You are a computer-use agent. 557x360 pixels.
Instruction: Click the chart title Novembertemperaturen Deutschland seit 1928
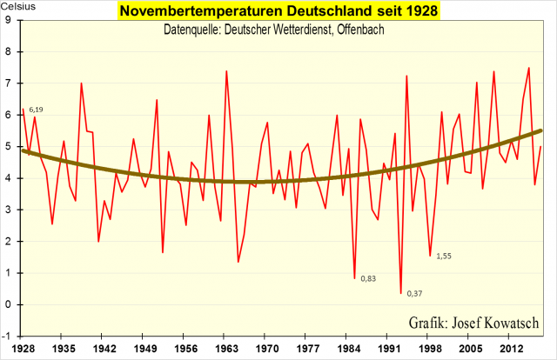click(278, 11)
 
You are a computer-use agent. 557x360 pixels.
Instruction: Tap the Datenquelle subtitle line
click(274, 30)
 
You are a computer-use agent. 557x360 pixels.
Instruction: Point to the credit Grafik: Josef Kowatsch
click(473, 323)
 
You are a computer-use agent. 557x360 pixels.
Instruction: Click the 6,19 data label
click(36, 110)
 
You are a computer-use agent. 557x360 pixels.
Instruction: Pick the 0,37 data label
click(415, 293)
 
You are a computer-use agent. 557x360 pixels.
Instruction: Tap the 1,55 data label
click(444, 256)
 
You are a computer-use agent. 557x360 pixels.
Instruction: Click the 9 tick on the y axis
click(8, 18)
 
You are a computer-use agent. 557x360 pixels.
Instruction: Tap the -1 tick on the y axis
click(6, 336)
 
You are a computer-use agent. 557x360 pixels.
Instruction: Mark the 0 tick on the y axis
click(8, 304)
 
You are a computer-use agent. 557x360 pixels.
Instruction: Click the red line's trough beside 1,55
click(430, 256)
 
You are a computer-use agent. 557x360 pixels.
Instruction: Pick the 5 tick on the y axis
click(8, 145)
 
